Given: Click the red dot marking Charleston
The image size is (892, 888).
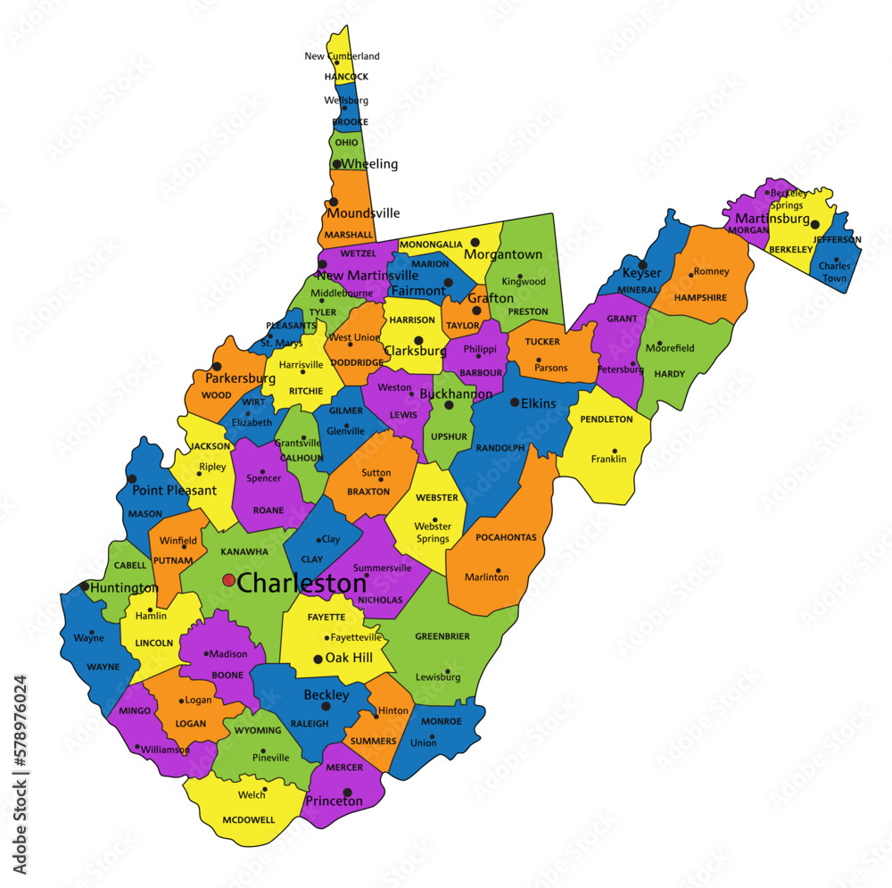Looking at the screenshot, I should pos(228,580).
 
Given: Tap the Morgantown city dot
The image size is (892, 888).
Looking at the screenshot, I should pos(475,242).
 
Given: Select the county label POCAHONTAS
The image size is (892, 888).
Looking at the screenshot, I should pos(506,537).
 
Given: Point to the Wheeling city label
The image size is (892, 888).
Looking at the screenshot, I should pos(370,164).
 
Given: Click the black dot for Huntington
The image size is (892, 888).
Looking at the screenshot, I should pos(85,586).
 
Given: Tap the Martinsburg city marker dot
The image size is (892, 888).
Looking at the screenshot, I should pos(814,225).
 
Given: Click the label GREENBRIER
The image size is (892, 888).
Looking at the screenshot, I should pos(442,636).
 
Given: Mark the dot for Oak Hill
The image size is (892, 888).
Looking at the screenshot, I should pos(318,660).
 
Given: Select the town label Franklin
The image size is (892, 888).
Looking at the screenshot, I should pos(608,460).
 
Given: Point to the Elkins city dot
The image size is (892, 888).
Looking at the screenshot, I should pos(515,403).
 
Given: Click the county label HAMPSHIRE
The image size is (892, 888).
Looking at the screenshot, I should pos(700,297).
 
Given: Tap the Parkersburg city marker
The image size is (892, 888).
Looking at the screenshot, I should pos(216,367).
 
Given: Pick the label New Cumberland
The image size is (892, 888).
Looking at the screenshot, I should pos(342,56).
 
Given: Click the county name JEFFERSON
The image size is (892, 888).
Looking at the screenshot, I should pos(838,240).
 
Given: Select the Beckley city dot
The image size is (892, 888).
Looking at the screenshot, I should pos(326,706).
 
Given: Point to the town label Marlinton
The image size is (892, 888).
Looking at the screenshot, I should pos(487,577).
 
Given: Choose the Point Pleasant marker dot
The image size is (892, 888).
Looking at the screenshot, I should pos(133,479).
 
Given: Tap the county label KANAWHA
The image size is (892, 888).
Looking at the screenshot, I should pos(244,552).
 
